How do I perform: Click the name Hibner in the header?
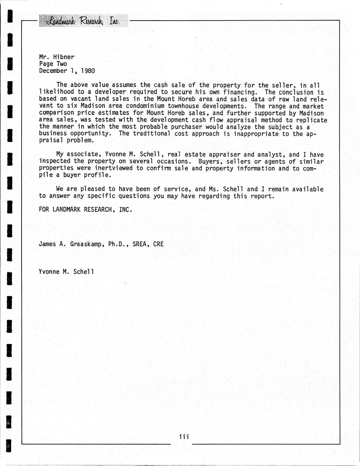point(64,57)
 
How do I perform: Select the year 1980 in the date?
point(88,71)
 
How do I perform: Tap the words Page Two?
point(53,64)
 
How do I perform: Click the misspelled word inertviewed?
point(114,168)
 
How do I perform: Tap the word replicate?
point(312,120)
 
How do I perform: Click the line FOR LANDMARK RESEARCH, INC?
point(85,209)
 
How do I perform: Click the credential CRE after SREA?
point(158,244)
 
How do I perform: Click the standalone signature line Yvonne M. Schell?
point(66,271)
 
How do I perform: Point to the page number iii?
point(184,437)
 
